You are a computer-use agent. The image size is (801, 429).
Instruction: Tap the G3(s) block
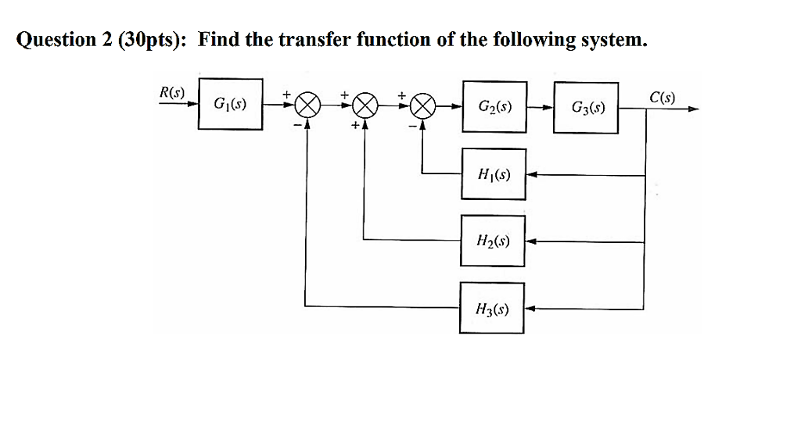tap(586, 103)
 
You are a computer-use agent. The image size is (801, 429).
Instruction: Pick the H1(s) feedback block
tap(492, 174)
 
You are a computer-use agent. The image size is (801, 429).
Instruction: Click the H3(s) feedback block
tap(492, 308)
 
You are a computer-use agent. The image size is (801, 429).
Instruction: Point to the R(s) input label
tap(171, 91)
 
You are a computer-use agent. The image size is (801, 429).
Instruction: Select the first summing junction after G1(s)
tap(307, 105)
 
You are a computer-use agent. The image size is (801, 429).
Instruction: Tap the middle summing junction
tap(365, 105)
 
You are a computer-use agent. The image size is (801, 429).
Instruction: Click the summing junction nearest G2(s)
tap(423, 105)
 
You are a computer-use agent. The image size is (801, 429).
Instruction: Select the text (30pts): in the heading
tap(153, 40)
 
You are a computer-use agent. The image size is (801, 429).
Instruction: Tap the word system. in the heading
tap(614, 40)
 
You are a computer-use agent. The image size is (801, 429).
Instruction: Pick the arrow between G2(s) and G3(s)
tap(540, 105)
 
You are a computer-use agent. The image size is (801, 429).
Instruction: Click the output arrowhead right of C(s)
tap(691, 110)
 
